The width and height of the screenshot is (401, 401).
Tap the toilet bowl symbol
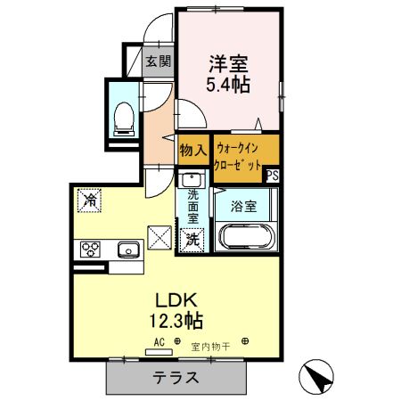click(x=123, y=117)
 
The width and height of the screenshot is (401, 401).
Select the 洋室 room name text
click(x=228, y=63)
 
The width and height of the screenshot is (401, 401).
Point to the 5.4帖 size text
click(x=228, y=86)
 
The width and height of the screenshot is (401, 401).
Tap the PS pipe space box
click(x=272, y=176)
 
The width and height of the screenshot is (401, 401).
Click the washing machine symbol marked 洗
click(x=192, y=239)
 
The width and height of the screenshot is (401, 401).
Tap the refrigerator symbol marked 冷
click(x=89, y=200)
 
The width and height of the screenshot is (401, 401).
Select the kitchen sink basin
click(x=127, y=249)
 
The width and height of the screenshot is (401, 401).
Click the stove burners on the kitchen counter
click(x=91, y=249)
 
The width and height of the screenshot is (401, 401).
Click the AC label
click(x=160, y=341)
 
